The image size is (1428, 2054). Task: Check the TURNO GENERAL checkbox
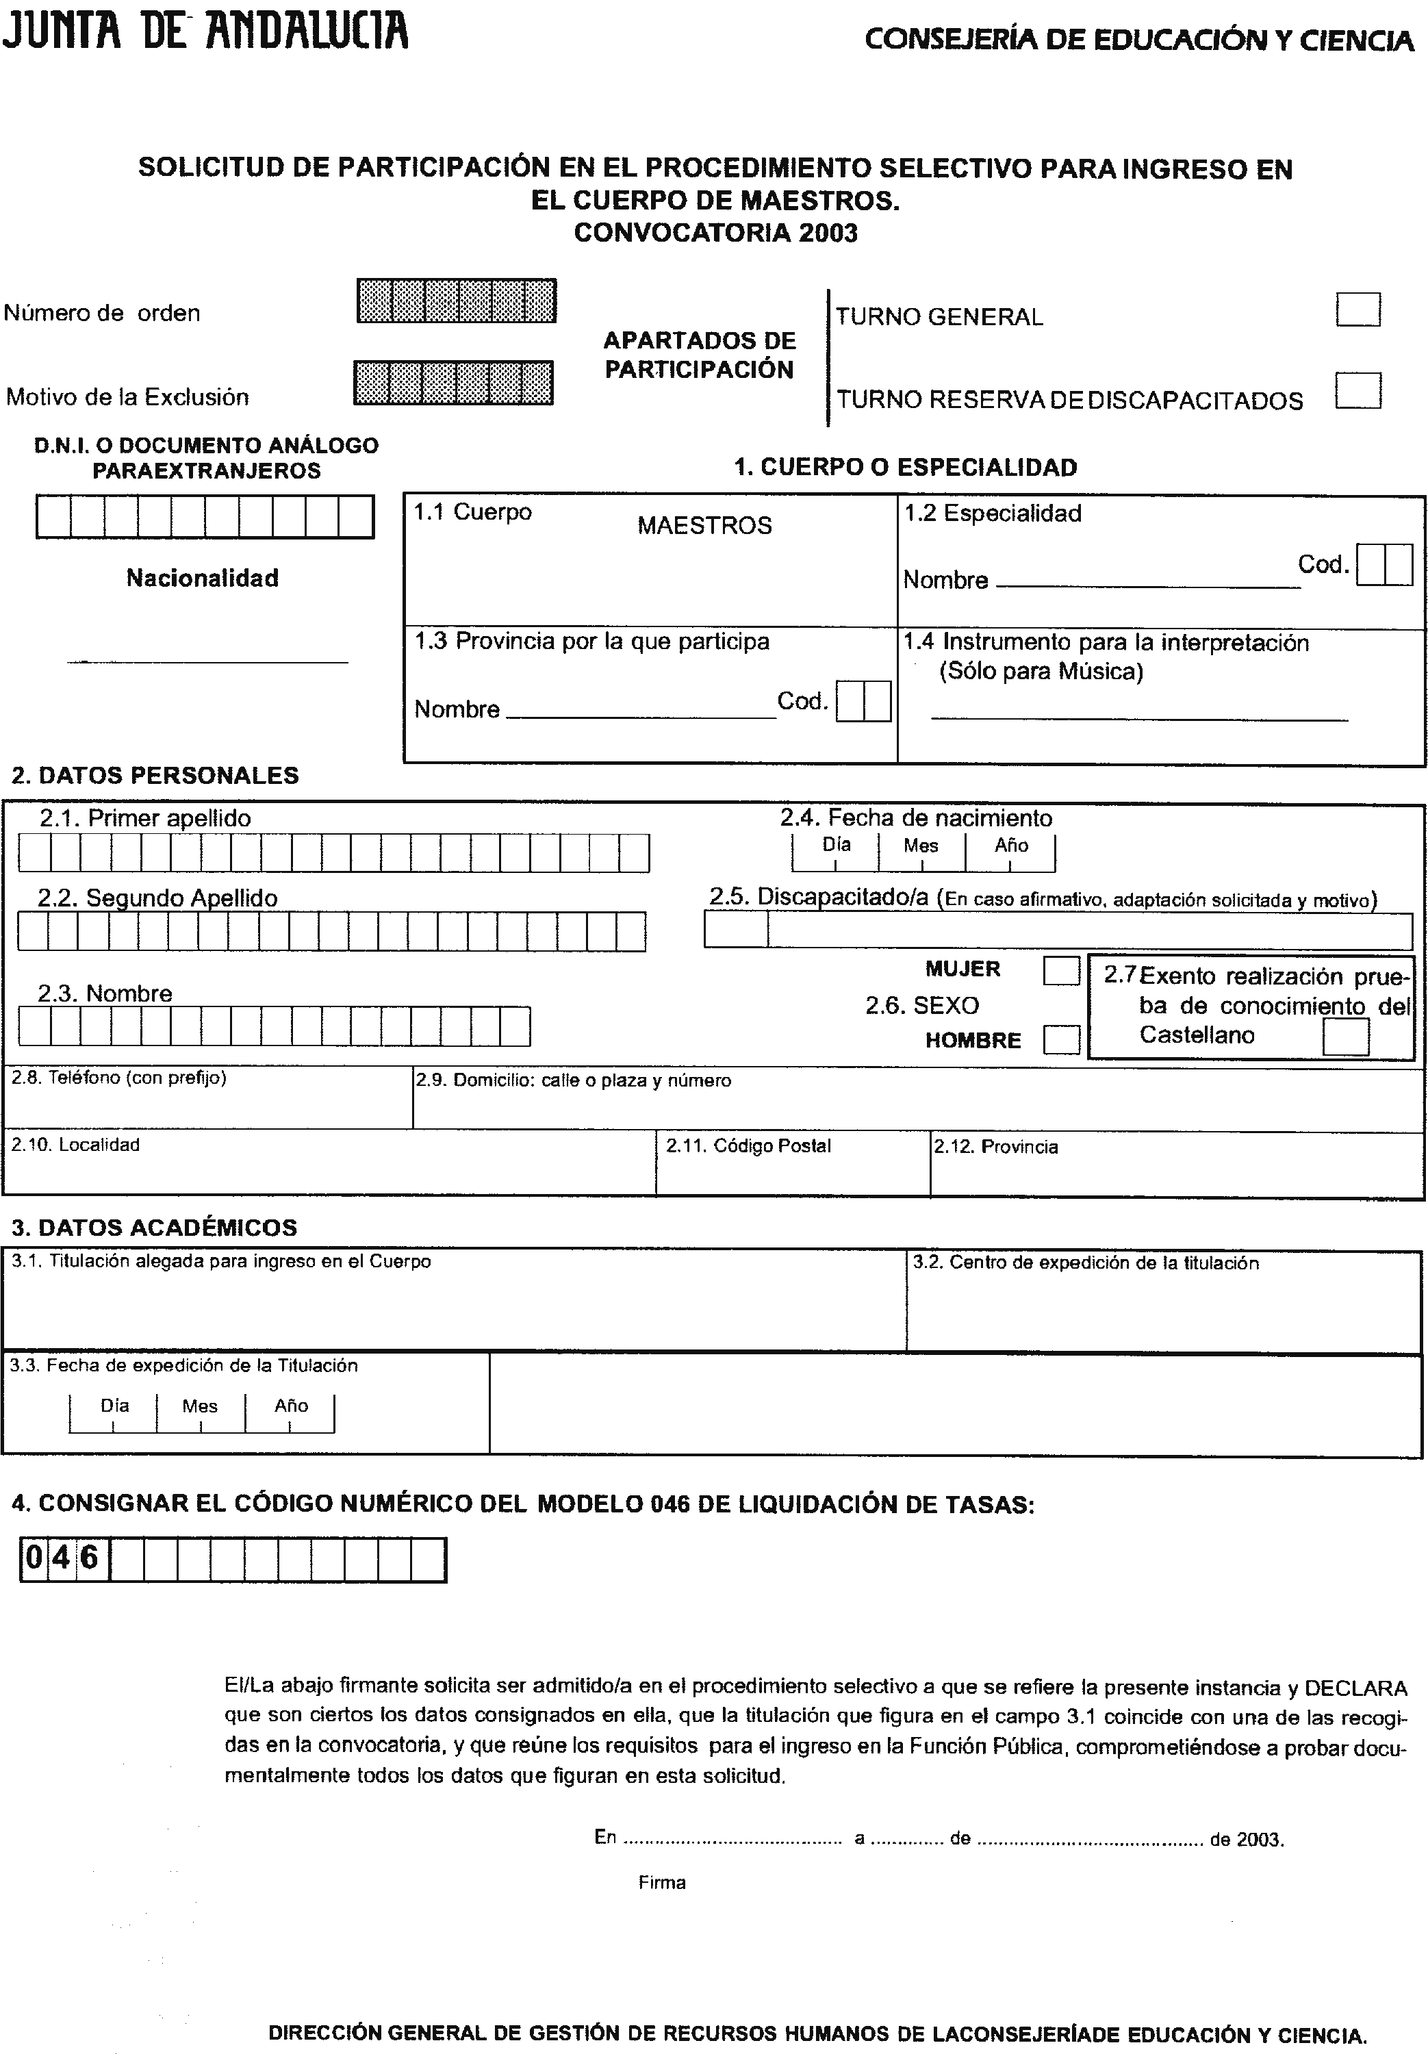click(1357, 309)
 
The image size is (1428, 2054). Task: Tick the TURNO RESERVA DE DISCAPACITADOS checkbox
click(1357, 391)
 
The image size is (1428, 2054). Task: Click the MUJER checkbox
click(1061, 971)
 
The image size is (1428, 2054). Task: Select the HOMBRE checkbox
click(1061, 1039)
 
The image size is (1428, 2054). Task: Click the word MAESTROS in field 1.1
click(704, 525)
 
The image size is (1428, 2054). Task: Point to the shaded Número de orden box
click(457, 301)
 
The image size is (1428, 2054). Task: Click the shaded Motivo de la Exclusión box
click(452, 383)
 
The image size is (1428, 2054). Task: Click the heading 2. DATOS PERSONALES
click(155, 776)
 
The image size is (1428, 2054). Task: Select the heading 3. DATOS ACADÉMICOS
click(154, 1228)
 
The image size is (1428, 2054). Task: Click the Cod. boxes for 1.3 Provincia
click(863, 701)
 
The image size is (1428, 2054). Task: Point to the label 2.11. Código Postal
click(748, 1146)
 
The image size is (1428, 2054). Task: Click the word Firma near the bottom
click(662, 1882)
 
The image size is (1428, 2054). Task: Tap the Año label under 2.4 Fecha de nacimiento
click(1011, 846)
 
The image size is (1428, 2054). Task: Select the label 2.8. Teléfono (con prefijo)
click(119, 1078)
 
